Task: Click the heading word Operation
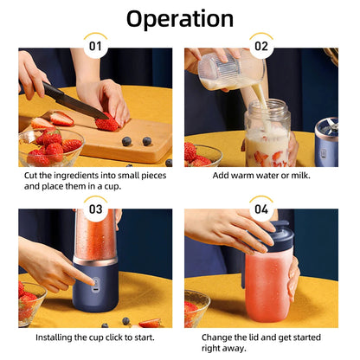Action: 180,18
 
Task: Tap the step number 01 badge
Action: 95,46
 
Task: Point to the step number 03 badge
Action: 95,209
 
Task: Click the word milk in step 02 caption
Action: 299,175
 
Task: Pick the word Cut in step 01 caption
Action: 32,175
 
